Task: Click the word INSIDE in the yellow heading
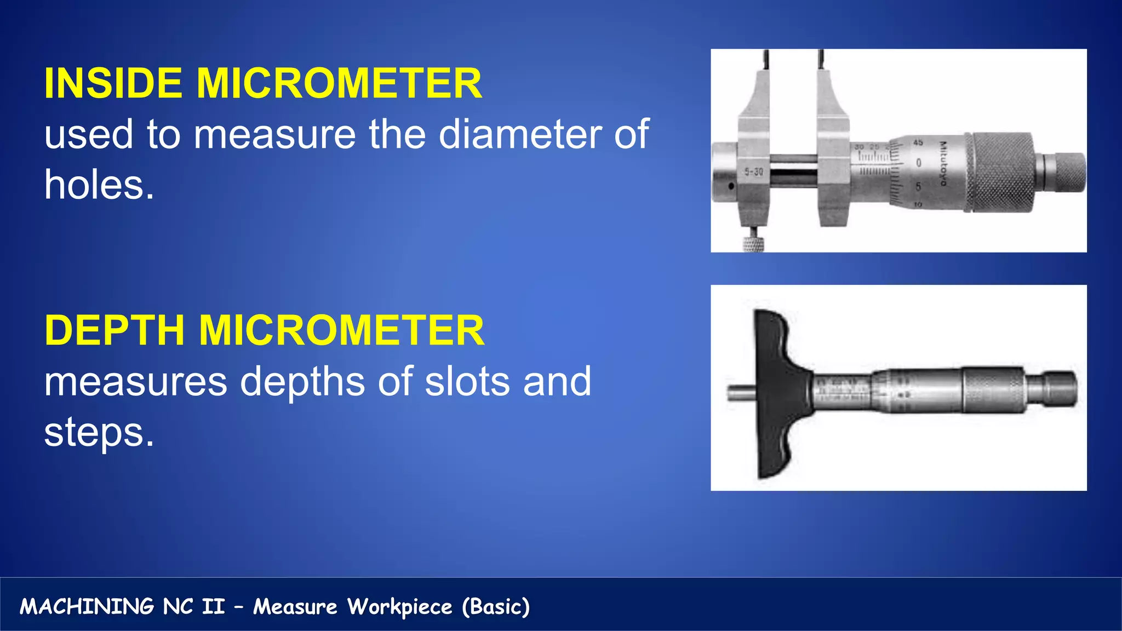(113, 83)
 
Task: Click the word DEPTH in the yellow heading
(114, 331)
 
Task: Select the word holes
(99, 185)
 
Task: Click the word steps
(99, 433)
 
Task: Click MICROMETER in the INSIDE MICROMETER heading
(339, 83)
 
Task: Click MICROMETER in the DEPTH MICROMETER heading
(341, 331)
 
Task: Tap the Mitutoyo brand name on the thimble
(943, 163)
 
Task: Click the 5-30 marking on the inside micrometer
(754, 172)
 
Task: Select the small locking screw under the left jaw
(754, 243)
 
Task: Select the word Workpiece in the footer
(400, 607)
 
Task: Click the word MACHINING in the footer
(87, 607)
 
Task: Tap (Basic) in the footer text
(496, 607)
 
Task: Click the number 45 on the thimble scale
(918, 142)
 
